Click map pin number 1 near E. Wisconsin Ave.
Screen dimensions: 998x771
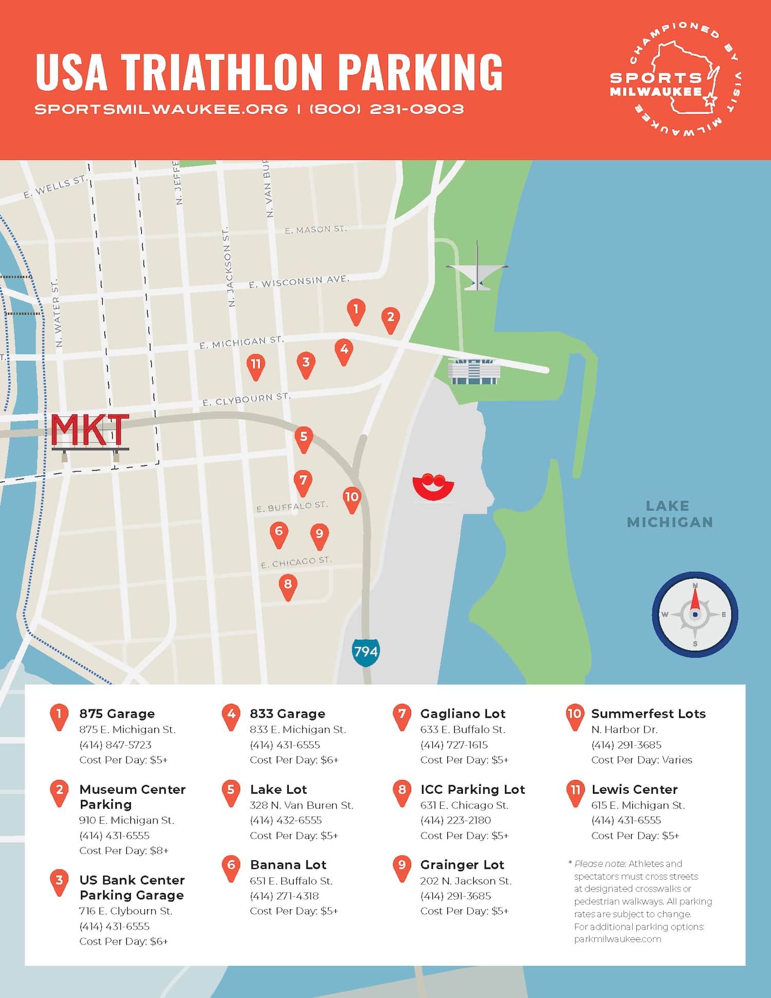tap(356, 311)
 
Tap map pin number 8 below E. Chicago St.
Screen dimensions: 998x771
tap(288, 586)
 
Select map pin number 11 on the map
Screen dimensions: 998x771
tap(255, 366)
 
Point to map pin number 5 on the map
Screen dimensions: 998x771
tap(304, 438)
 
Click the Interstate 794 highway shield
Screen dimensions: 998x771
tap(365, 652)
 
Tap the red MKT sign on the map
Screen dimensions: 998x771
tap(89, 431)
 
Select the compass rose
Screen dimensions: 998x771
tap(695, 614)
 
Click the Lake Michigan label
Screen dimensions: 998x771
tap(669, 514)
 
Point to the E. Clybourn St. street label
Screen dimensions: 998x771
tap(246, 400)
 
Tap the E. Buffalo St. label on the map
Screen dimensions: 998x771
tap(292, 507)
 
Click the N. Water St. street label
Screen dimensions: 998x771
tap(57, 313)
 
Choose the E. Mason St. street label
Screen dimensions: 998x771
tap(316, 229)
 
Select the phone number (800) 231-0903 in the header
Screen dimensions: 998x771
tap(387, 109)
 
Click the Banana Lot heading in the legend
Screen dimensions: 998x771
tap(288, 864)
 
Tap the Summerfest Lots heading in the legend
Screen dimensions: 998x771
tap(648, 713)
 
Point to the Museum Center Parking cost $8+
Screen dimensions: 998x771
tap(123, 850)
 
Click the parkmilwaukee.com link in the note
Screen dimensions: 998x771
tap(617, 939)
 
